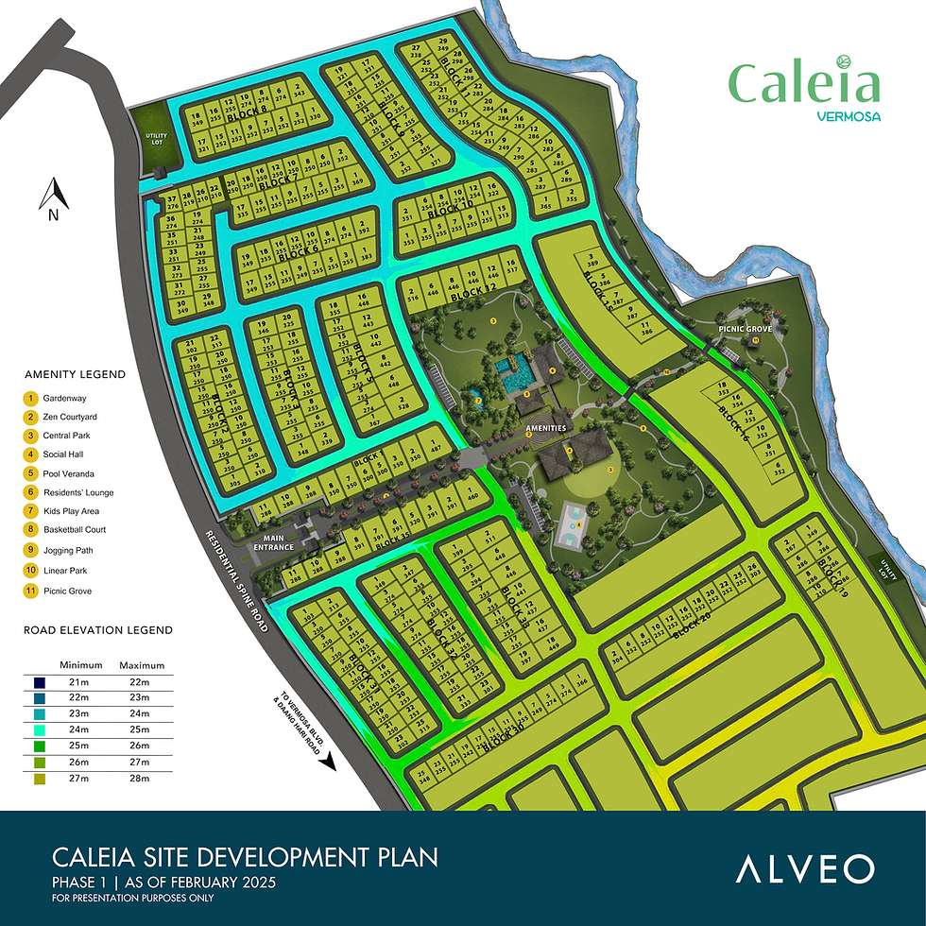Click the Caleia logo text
[x=804, y=85]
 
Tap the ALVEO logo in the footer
[x=805, y=868]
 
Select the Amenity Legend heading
[x=75, y=374]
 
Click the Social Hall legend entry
[x=62, y=454]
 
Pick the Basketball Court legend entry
[x=74, y=529]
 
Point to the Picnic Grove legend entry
[x=66, y=591]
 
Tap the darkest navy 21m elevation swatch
[x=37, y=683]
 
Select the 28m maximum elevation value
[x=141, y=780]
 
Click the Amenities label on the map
[x=547, y=428]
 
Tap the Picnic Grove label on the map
[x=746, y=329]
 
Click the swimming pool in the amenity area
[x=514, y=370]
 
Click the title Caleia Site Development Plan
[x=231, y=858]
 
